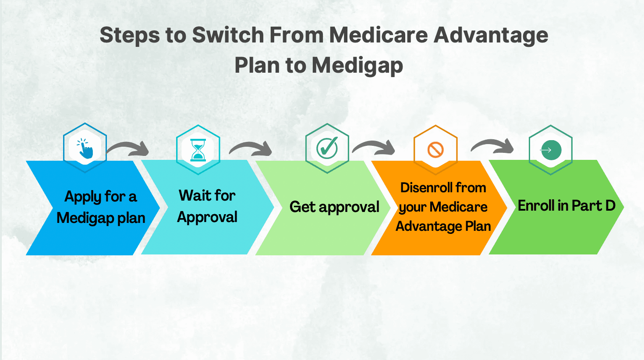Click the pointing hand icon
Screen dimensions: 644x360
click(x=85, y=148)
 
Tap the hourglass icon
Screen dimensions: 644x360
click(x=198, y=150)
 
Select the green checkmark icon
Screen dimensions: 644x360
click(x=327, y=148)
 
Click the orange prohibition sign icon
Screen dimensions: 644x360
click(x=435, y=150)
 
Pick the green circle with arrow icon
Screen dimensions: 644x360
click(x=551, y=150)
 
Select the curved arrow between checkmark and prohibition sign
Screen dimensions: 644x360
click(x=373, y=148)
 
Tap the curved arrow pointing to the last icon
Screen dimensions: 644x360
click(x=492, y=146)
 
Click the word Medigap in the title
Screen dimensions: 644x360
click(x=357, y=66)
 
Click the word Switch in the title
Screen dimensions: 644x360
click(x=228, y=35)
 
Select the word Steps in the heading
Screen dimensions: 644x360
click(x=130, y=35)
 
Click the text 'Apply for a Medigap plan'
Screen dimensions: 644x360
click(x=101, y=207)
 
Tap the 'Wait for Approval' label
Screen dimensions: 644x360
click(x=207, y=206)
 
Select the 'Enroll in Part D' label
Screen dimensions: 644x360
click(x=566, y=205)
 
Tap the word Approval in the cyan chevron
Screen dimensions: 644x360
click(x=207, y=217)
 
